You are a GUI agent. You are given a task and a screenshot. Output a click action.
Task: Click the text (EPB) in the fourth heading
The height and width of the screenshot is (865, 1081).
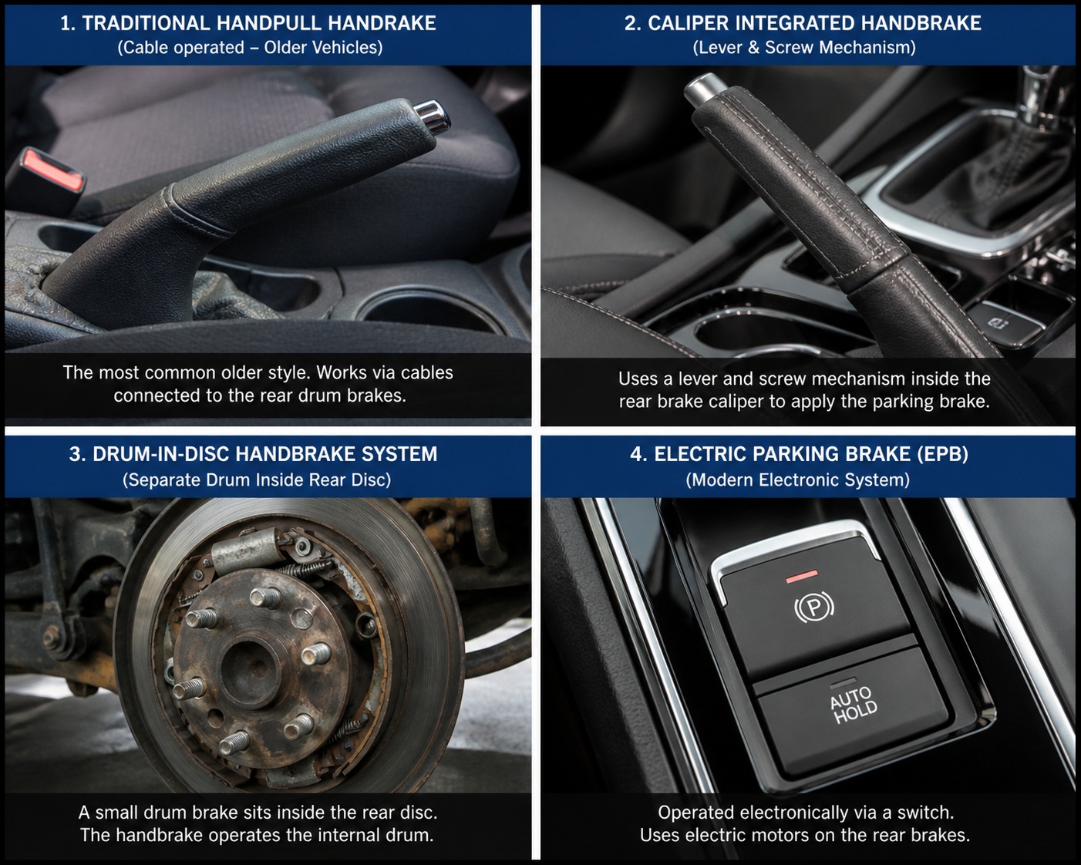[x=942, y=454]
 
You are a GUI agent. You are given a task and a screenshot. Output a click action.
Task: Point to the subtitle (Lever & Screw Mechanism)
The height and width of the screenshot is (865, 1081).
[x=803, y=48]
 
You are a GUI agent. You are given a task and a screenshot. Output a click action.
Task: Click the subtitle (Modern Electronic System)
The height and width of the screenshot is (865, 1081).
[x=798, y=480]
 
